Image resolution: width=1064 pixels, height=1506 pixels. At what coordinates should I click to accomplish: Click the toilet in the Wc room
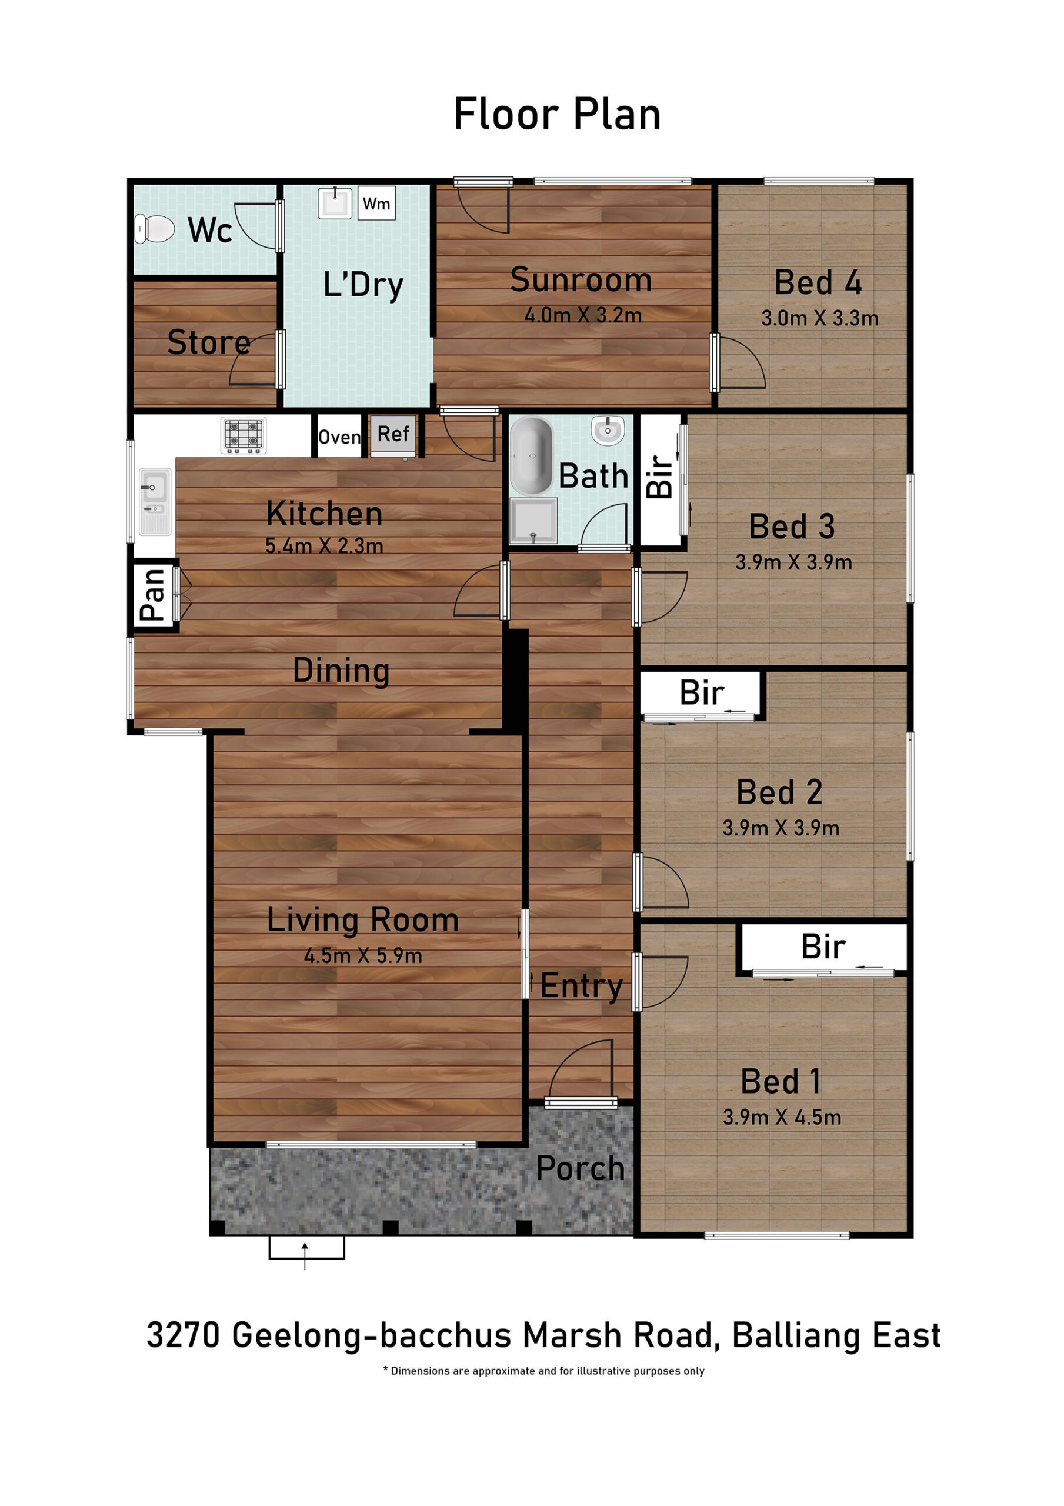154,229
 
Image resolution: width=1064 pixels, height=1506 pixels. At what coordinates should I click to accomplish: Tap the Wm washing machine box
376,204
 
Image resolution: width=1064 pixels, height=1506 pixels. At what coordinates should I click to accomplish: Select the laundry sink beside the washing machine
335,203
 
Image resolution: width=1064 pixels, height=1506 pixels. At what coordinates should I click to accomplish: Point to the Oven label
339,437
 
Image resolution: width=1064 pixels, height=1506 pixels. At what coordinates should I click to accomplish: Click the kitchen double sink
155,502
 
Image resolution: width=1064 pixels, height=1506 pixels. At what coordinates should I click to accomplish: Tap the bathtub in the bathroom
532,456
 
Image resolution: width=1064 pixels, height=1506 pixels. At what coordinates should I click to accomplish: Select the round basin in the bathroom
608,430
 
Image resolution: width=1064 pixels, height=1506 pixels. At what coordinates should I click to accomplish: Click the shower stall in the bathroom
533,521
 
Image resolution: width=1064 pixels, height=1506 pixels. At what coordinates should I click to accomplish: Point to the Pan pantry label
152,595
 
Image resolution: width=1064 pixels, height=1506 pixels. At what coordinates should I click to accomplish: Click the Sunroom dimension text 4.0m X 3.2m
582,315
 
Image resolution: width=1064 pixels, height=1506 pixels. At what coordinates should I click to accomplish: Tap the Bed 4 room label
818,283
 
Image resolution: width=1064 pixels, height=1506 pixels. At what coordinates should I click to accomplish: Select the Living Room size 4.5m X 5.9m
363,956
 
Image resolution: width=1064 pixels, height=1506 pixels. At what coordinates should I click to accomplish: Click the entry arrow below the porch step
305,1256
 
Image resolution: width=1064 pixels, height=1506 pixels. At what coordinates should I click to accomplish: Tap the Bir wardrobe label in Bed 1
823,947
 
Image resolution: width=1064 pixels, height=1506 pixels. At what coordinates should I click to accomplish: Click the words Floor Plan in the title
557,115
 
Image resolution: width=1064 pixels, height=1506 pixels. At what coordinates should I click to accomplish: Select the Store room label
209,342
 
